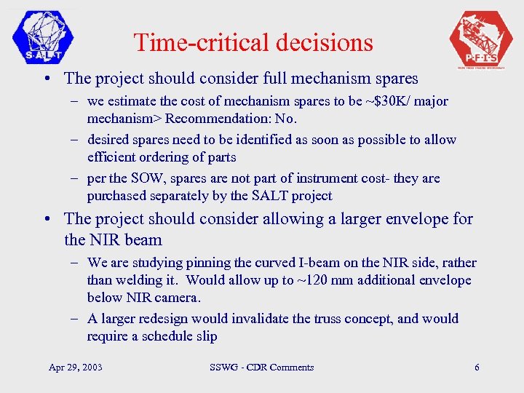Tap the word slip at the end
click(206, 336)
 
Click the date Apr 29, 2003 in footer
click(75, 368)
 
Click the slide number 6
click(477, 368)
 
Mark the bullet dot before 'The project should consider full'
click(47, 79)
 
